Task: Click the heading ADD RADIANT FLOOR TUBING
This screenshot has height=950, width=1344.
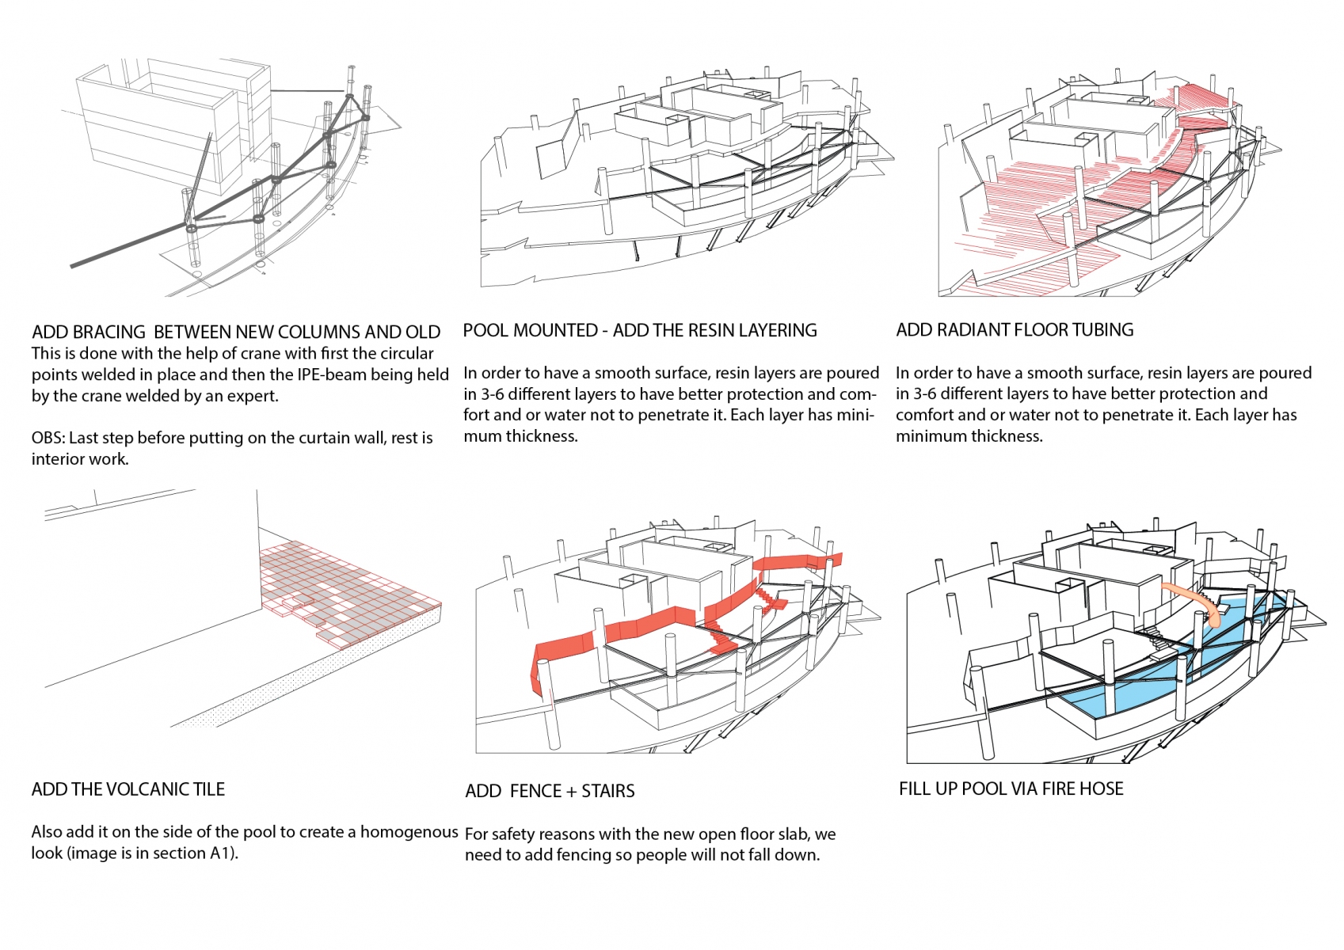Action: (x=1015, y=330)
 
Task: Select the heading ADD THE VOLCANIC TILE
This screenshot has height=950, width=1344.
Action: (x=128, y=789)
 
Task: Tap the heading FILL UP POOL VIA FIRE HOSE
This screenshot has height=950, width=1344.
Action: (x=1011, y=788)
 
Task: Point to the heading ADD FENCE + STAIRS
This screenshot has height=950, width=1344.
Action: (x=550, y=791)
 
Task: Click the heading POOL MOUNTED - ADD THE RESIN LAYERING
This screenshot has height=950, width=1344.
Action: (x=640, y=330)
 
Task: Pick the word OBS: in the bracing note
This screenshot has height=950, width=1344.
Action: (x=48, y=438)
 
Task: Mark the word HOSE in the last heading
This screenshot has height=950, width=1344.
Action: (x=1102, y=788)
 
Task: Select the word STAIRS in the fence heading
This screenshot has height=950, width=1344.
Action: (x=607, y=791)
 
